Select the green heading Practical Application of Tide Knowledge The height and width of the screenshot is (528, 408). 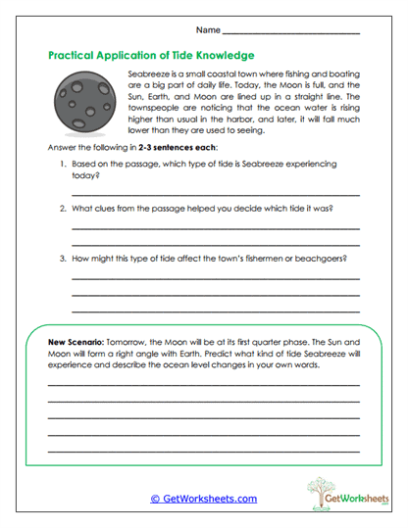point(151,56)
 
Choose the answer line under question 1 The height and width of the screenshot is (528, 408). point(216,195)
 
